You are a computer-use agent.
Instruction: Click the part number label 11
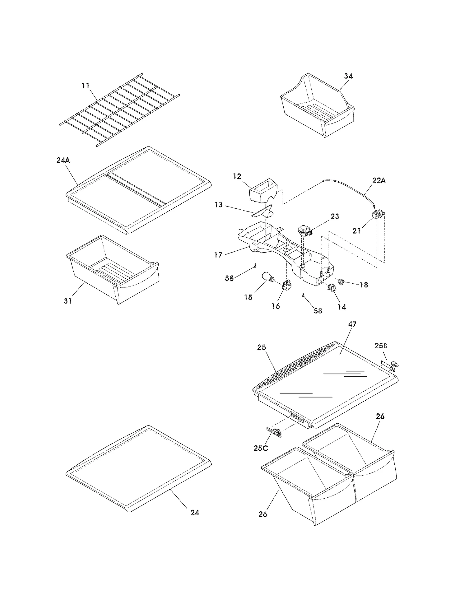85,86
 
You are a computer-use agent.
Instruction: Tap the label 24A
63,160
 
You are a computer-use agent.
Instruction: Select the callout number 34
348,76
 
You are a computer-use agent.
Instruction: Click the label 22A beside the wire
379,180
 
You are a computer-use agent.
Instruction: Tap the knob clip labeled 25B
393,365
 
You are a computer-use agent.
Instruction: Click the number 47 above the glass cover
352,324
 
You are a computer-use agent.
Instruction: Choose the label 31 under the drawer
68,301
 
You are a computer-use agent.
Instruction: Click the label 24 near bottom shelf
195,513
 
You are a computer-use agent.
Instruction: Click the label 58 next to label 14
318,311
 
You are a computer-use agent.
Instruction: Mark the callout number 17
218,255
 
